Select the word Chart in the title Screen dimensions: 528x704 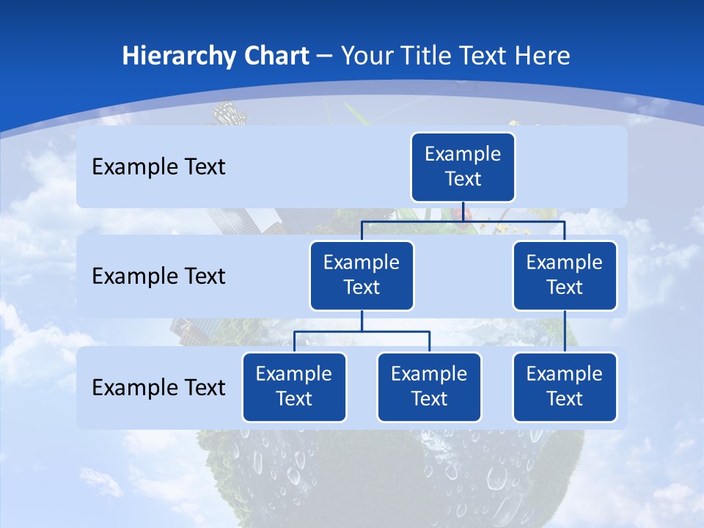(x=276, y=56)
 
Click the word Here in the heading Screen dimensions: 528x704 (x=542, y=56)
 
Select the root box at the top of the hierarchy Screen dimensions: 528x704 (x=463, y=167)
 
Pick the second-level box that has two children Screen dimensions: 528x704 (x=362, y=276)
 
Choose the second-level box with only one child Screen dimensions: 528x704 (x=565, y=276)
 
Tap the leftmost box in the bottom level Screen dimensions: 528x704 (x=294, y=387)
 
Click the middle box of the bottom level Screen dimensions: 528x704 (x=429, y=387)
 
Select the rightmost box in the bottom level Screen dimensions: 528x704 (x=565, y=387)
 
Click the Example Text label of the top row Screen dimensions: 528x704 (x=158, y=167)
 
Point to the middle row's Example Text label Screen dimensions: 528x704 (x=158, y=276)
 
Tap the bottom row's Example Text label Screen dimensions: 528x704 (x=158, y=387)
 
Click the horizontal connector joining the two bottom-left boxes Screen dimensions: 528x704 (x=362, y=332)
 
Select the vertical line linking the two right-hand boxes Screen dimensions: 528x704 (x=565, y=331)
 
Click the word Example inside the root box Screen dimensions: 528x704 (x=463, y=155)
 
